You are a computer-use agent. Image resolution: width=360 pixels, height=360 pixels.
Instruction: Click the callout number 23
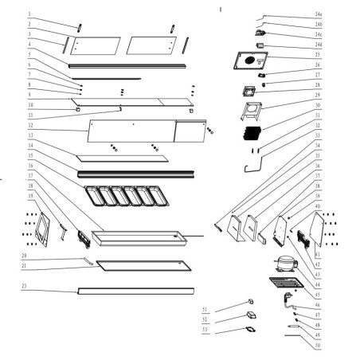click(26, 285)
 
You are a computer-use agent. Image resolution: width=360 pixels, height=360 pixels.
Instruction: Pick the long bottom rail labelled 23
click(135, 291)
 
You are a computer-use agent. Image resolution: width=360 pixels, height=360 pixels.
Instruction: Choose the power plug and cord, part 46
click(282, 301)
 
